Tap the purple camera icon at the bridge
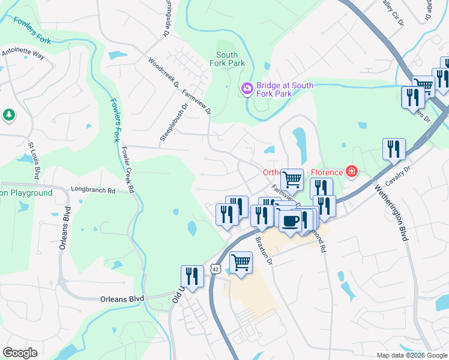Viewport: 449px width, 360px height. coord(247,89)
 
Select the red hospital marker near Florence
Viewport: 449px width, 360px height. coord(351,173)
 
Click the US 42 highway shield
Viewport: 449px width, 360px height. coord(217,269)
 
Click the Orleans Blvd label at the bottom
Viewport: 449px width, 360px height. coord(122,298)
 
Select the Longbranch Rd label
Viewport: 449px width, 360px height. coord(92,190)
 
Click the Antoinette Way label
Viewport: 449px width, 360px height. coord(23,54)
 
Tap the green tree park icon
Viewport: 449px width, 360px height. coord(8,114)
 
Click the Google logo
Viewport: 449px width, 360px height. coord(20,353)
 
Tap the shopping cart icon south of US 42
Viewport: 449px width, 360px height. coord(241,262)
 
